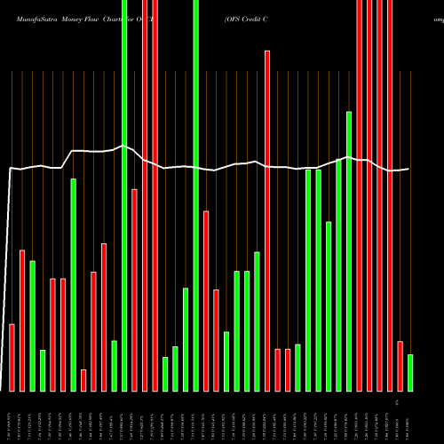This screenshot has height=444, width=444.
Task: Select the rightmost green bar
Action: (x=410, y=373)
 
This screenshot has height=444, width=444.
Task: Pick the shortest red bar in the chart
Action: (x=83, y=380)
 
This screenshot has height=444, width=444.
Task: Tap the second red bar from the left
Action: (x=22, y=320)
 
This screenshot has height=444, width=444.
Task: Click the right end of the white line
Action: (x=408, y=169)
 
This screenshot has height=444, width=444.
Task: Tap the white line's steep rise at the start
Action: (x=8, y=266)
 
